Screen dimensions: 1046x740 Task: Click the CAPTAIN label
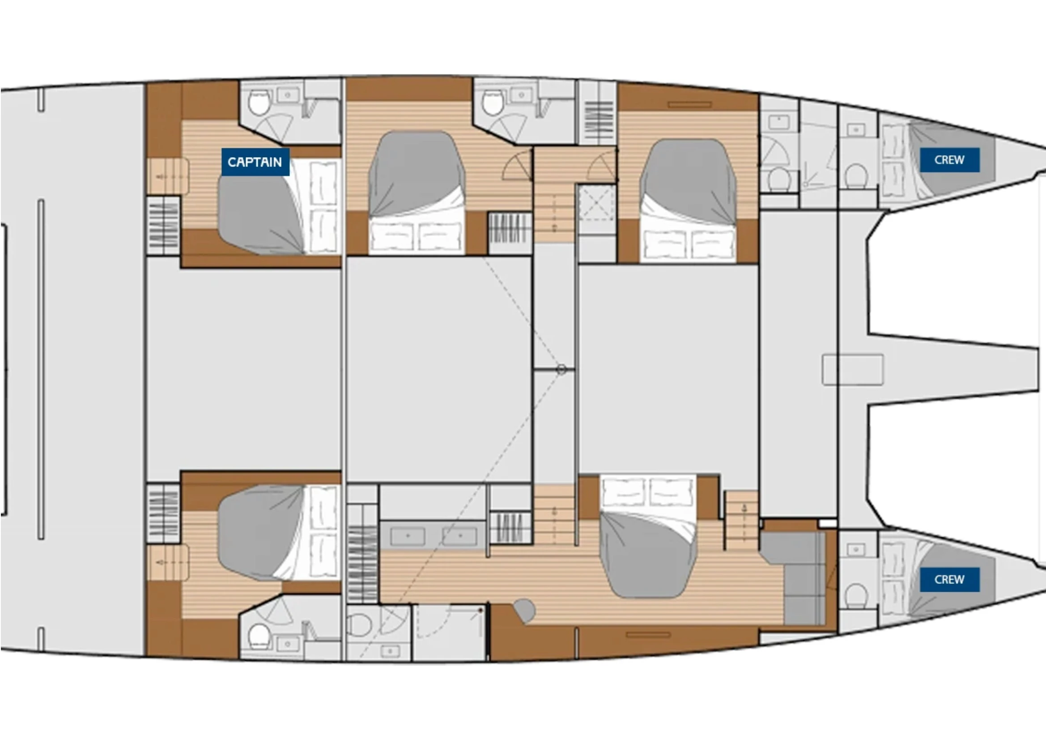[x=255, y=162]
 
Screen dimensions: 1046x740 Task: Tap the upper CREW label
[x=949, y=160]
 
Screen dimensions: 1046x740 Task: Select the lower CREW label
[x=949, y=579]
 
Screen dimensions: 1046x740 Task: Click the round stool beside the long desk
[x=524, y=610]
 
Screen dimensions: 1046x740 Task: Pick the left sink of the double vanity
[x=408, y=536]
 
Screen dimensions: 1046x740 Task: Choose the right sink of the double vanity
[x=459, y=536]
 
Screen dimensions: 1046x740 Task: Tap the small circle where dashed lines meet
[x=561, y=370]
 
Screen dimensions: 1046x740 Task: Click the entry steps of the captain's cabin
[x=168, y=176]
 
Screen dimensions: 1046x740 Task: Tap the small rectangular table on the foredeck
[x=852, y=370]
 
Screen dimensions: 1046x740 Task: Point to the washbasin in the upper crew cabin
[x=856, y=130]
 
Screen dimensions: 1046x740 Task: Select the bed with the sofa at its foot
[x=649, y=536]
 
